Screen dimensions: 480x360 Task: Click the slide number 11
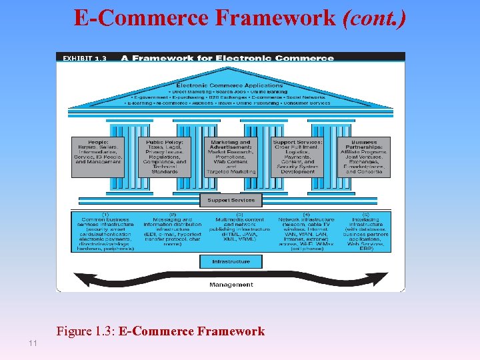pyautogui.click(x=32, y=343)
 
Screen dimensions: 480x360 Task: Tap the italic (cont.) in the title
pyautogui.click(x=373, y=19)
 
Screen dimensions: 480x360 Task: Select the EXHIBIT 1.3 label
pyautogui.click(x=84, y=59)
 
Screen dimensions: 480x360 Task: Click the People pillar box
pyautogui.click(x=98, y=157)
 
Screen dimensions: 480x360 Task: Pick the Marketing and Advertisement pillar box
pyautogui.click(x=231, y=157)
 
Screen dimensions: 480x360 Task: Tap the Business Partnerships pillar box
pyautogui.click(x=363, y=157)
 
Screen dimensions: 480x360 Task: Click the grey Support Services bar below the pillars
pyautogui.click(x=231, y=200)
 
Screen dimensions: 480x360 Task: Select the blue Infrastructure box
pyautogui.click(x=231, y=261)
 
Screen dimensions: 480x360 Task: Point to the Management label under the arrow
pyautogui.click(x=231, y=285)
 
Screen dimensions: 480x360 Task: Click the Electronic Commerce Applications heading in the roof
pyautogui.click(x=229, y=85)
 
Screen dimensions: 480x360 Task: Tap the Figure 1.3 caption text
pyautogui.click(x=161, y=331)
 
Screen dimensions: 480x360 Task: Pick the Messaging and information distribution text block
pyautogui.click(x=171, y=231)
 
